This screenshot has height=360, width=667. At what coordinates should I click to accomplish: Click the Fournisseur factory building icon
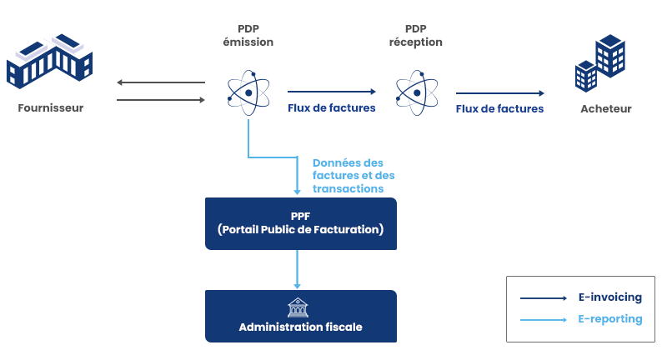coord(50,62)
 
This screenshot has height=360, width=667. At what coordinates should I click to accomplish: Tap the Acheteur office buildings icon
coord(600,62)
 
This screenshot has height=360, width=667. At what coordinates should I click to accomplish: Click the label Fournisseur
coord(51,108)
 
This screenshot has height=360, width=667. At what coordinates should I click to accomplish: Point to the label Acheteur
coord(605,108)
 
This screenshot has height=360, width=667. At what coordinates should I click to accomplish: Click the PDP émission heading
coord(248,35)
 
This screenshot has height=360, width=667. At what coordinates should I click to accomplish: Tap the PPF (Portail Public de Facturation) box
coord(301,223)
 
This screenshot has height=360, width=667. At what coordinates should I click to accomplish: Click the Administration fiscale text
coord(301,327)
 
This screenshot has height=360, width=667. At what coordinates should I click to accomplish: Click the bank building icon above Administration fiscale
coord(298,307)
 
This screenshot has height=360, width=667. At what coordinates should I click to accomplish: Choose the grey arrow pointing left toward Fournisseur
coord(161,82)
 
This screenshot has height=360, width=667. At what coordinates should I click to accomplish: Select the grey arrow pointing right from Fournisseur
coord(161,100)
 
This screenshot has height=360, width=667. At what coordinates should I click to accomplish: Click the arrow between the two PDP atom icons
coord(332,92)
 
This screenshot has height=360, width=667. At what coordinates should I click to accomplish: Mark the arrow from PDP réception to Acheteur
coord(499,93)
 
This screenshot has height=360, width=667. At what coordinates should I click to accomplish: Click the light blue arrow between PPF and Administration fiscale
coord(298,270)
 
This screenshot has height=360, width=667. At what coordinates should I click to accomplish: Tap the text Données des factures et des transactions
coord(354,176)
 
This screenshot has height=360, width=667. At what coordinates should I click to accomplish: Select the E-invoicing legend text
coord(610,297)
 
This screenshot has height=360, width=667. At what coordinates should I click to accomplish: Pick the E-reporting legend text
coord(610,318)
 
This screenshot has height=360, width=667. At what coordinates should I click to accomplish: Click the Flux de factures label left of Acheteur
coord(499,108)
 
